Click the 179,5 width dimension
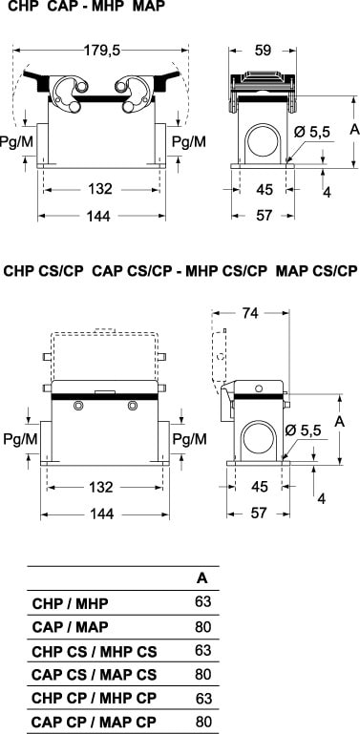point(102,50)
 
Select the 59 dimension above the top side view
point(264,50)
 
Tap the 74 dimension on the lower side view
point(250,313)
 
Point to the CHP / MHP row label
point(70,603)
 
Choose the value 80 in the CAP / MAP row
point(203,626)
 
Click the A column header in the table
point(201,578)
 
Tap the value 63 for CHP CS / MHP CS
point(203,650)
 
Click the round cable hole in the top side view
point(264,141)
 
